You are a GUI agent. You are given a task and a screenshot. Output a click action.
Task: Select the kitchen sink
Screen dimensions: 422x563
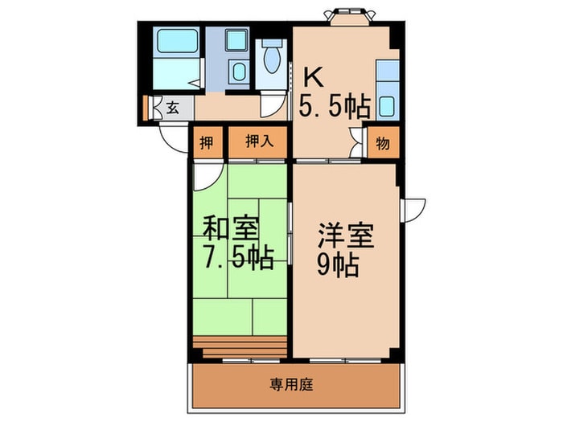[x=387, y=105]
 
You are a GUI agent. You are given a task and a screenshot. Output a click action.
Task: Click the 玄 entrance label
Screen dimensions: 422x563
[x=172, y=106]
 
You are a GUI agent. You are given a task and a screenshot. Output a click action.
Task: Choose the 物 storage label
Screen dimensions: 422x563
[x=383, y=144]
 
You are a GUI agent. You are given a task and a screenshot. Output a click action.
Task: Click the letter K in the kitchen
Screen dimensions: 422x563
[x=313, y=78]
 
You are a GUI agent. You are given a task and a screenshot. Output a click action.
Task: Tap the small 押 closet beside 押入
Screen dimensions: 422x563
[x=207, y=142]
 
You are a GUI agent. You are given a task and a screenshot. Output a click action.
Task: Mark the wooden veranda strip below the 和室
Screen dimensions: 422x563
[x=239, y=346]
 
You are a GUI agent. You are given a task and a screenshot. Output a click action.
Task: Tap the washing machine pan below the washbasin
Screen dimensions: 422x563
[x=237, y=73]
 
